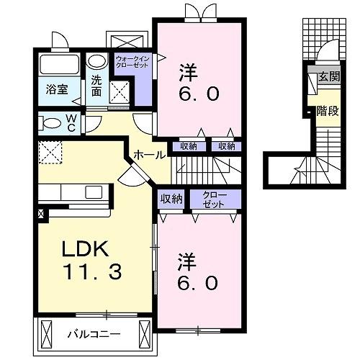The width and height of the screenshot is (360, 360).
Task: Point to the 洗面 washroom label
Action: click(96, 88)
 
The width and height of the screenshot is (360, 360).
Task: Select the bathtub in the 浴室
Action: click(58, 63)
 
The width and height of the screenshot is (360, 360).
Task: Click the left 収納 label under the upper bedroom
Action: click(189, 146)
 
